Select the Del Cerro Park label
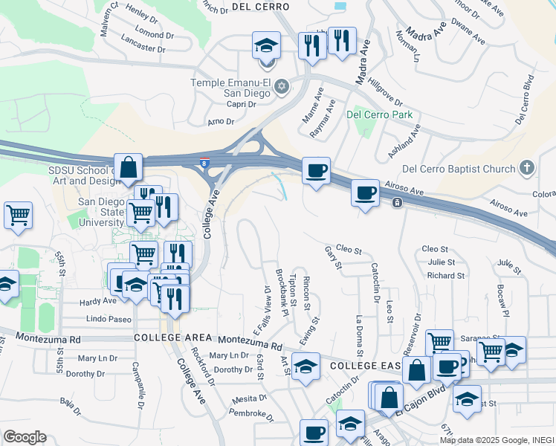coord(379,115)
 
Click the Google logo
coord(25,437)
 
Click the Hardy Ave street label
coord(98,301)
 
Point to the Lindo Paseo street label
coord(109,319)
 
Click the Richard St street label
coord(446,275)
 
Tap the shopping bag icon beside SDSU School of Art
coord(129,169)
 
